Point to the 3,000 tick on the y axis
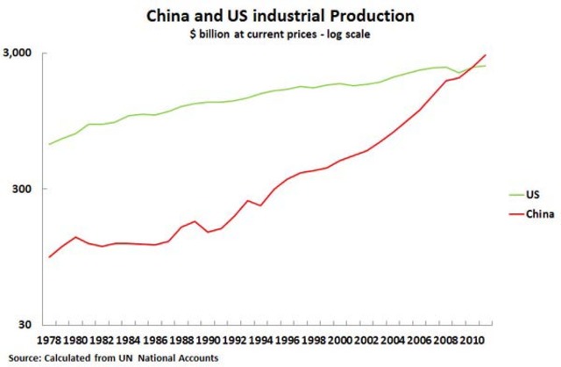coord(22,54)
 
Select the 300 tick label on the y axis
coord(26,189)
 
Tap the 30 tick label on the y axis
coord(30,324)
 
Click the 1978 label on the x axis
coord(49,340)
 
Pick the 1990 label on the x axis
coord(208,340)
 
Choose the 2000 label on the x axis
coord(340,340)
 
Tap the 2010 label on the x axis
coord(472,340)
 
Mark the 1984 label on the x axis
coord(129,340)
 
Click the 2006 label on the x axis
coord(419,340)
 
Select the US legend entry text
coord(533,196)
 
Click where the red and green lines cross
coord(472,68)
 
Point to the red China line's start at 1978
coord(49,257)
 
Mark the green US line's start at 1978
coord(49,144)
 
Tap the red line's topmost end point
coord(485,55)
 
